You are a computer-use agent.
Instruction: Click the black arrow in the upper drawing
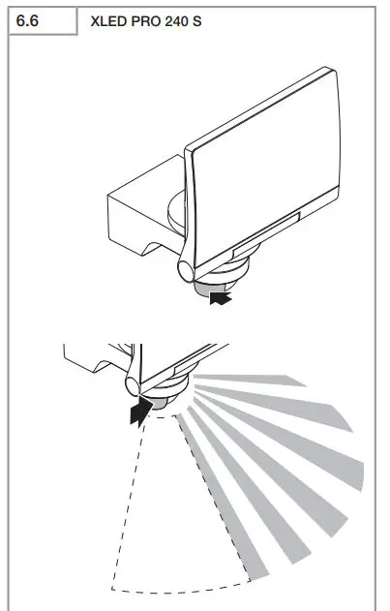tap(223, 300)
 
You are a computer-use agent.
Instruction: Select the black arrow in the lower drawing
tap(138, 413)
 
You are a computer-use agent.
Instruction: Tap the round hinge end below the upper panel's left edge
tap(185, 268)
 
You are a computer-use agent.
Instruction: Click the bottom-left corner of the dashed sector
tap(112, 588)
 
